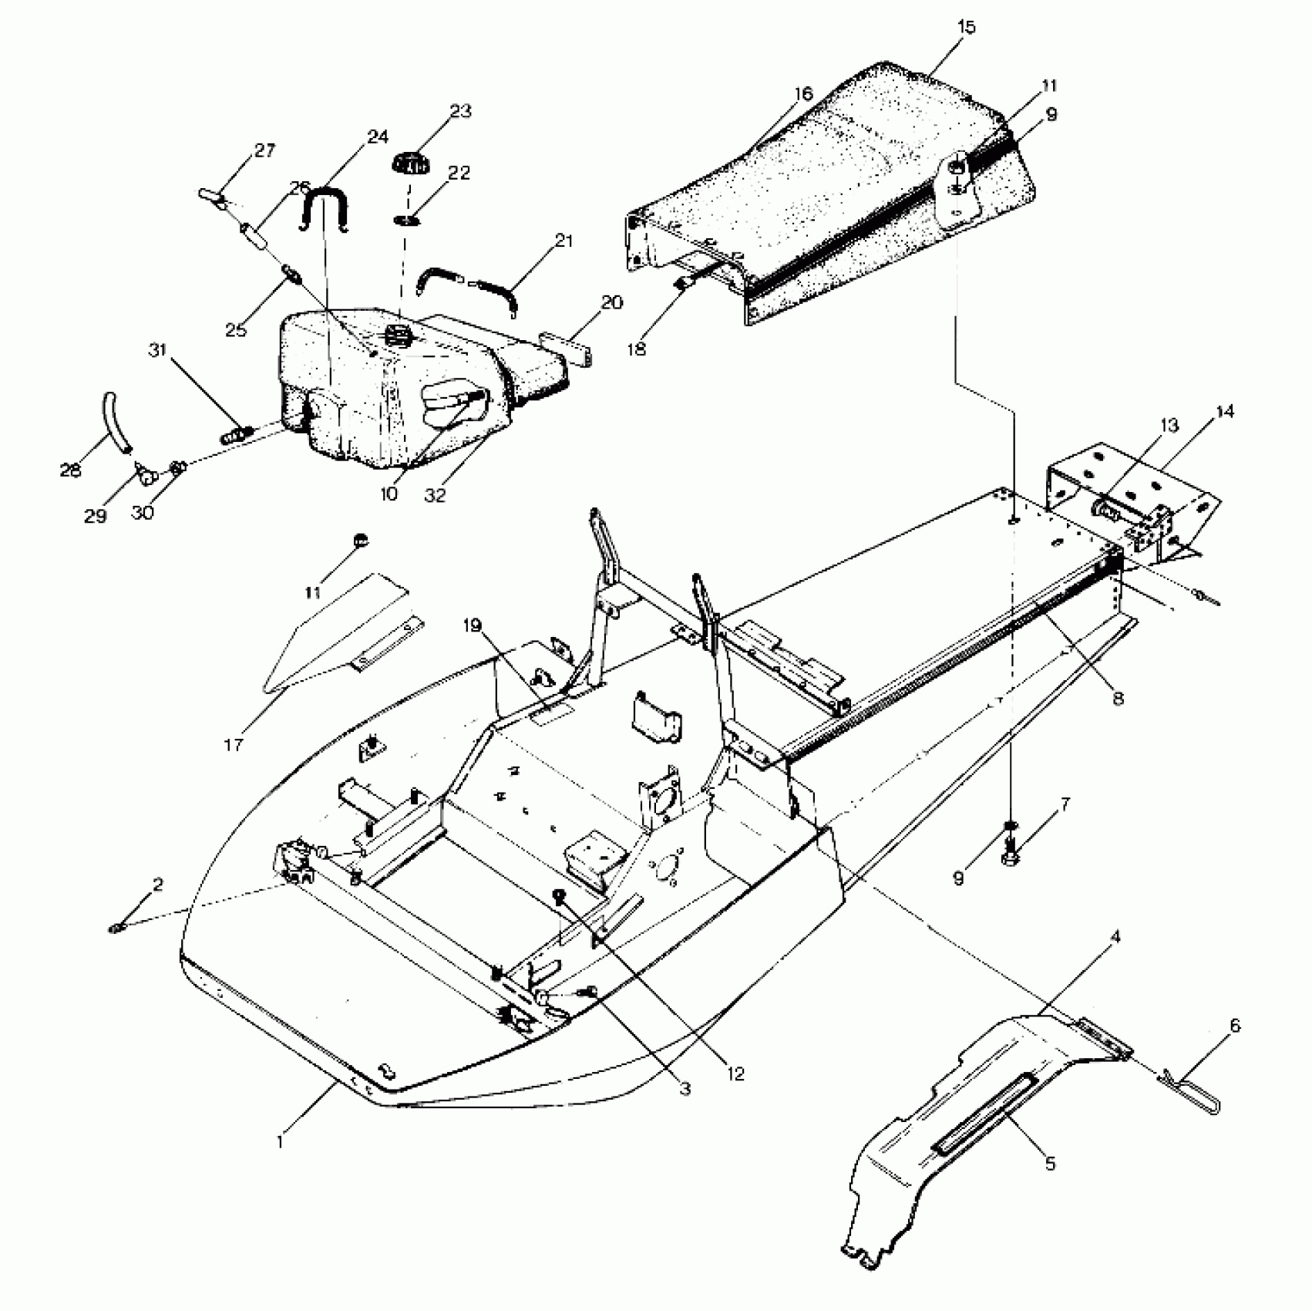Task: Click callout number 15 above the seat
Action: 966,28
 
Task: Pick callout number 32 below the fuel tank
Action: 436,494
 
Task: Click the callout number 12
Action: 736,1073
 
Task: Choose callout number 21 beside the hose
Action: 564,241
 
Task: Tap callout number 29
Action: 96,516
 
